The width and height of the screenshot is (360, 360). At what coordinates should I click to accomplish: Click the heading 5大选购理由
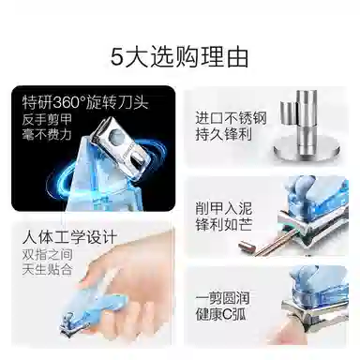[x=180, y=57]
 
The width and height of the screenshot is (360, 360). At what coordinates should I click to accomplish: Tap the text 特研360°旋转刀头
[x=85, y=102]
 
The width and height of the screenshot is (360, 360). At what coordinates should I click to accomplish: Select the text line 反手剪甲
[x=47, y=119]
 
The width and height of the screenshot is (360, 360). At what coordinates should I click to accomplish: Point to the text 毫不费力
[x=47, y=134]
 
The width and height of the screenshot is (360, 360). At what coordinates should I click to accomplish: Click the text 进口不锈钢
[x=231, y=118]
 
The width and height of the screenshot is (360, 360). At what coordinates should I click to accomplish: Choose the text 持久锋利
[x=224, y=135]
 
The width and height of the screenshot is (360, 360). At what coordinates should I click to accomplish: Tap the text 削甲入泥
[x=224, y=208]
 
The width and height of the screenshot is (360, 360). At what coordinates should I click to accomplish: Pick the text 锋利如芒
[x=224, y=224]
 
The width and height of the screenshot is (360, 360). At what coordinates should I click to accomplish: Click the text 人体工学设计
[x=69, y=237]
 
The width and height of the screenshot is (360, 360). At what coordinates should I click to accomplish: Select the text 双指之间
[x=47, y=255]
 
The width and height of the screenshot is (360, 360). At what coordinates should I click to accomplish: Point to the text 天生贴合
[x=47, y=269]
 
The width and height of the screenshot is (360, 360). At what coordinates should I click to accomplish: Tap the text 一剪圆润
[x=222, y=298]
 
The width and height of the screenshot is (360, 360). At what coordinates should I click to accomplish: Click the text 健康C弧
[x=221, y=314]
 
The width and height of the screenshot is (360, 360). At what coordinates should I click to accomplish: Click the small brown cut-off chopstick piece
[x=247, y=247]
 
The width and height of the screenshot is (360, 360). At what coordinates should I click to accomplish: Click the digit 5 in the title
[x=116, y=58]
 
